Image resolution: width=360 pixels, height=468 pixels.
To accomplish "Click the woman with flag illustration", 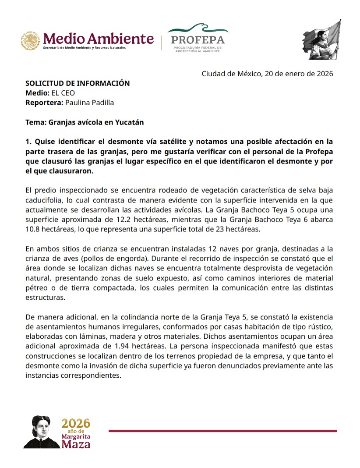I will click(x=322, y=39).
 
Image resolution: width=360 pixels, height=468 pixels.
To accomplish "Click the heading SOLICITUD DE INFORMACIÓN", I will click(x=78, y=83).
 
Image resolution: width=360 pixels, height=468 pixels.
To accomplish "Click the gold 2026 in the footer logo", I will click(x=76, y=423).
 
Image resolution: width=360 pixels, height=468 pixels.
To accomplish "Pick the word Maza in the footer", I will click(x=76, y=444).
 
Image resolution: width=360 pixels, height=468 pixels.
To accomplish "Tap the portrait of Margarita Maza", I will click(x=42, y=432).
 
